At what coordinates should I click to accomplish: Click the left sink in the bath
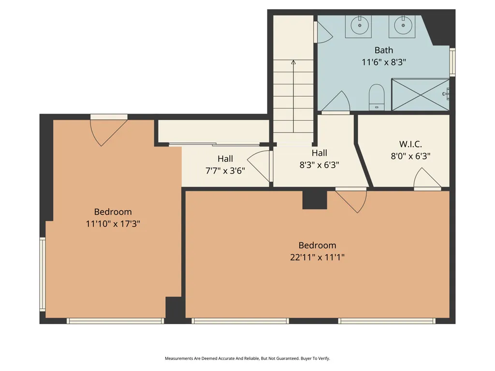click(359, 25)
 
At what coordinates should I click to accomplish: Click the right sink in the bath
click(402, 25)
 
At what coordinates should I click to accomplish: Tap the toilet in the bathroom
click(376, 97)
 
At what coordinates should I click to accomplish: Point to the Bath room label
click(384, 50)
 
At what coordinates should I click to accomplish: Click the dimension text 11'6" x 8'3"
click(384, 62)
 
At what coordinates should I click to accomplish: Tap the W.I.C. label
click(410, 144)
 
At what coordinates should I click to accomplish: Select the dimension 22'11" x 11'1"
click(317, 257)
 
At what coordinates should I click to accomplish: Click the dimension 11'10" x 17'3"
click(113, 224)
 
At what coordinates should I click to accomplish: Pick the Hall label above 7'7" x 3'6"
click(225, 158)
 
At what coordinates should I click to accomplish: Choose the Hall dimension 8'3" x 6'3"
click(319, 164)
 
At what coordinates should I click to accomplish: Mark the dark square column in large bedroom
click(315, 200)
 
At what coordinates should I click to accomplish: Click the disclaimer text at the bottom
click(247, 358)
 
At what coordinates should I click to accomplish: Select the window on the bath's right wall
click(452, 62)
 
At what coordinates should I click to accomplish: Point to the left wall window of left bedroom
click(43, 274)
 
